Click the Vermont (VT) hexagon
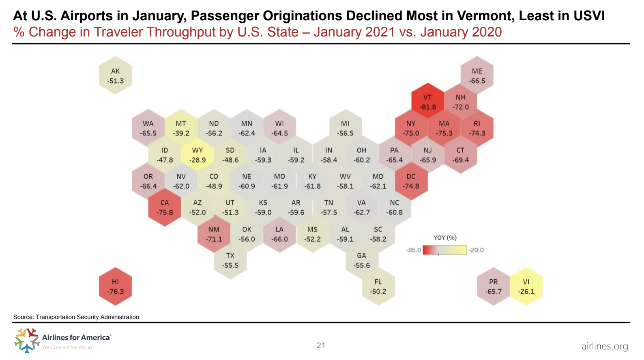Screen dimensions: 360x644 click(x=427, y=102)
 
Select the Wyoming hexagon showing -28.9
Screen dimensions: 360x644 click(x=197, y=155)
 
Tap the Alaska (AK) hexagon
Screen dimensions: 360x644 click(x=116, y=76)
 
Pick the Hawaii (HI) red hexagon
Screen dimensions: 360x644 click(x=116, y=286)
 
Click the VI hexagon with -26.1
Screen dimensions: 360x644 click(x=526, y=286)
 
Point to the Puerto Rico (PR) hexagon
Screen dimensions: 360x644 click(x=493, y=286)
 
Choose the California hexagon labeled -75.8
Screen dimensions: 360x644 click(x=165, y=207)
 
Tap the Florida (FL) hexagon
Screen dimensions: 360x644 click(x=378, y=286)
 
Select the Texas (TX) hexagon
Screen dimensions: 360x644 click(x=230, y=260)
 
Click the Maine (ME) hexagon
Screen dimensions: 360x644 click(x=477, y=76)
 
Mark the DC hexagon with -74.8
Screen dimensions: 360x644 click(x=411, y=181)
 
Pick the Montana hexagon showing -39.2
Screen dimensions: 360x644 click(x=181, y=128)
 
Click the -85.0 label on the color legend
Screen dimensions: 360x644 click(x=413, y=250)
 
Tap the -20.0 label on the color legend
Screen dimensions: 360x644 click(x=476, y=250)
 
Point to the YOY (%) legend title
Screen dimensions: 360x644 click(x=445, y=238)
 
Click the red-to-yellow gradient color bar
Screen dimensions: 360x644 click(x=444, y=250)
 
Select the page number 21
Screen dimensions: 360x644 click(x=321, y=345)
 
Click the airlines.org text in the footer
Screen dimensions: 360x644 click(x=604, y=346)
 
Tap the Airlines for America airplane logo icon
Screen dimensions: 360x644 click(x=26, y=340)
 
